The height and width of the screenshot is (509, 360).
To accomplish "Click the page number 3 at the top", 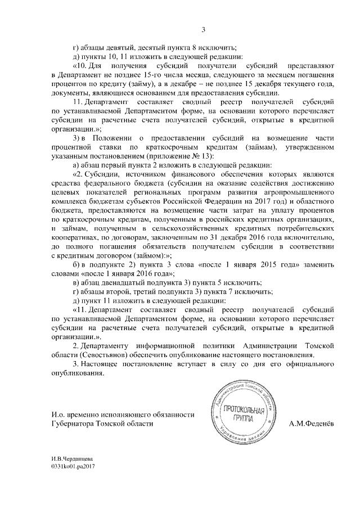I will (x=204, y=30).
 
